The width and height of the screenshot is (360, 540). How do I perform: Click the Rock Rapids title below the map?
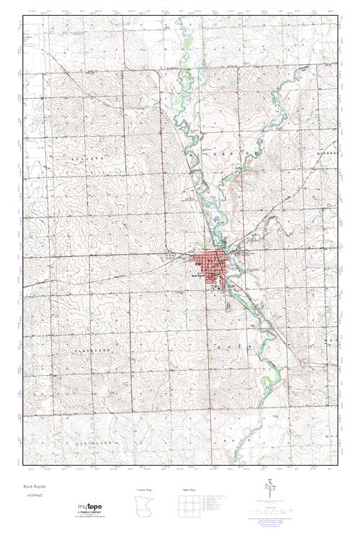[x=34, y=486]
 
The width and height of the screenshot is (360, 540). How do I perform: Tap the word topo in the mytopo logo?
[x=98, y=508]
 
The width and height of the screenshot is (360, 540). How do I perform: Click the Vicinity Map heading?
[x=144, y=489]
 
